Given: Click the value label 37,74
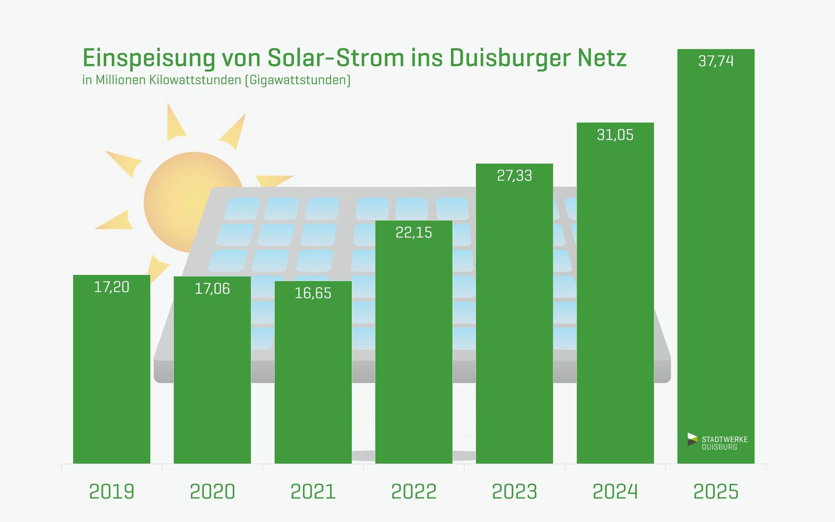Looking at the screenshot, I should pos(716,61).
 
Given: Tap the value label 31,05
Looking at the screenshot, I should pos(615,135).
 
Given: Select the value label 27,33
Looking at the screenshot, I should pos(514,176).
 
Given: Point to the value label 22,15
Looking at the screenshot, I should pos(414,233).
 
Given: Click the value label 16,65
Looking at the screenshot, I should pos(313,293).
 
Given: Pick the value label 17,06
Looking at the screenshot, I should pos(212,289).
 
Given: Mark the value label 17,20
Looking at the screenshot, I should pos(111,287).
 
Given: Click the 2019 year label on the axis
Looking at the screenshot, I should pos(111,491).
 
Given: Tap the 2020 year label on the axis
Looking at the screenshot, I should pos(212,491).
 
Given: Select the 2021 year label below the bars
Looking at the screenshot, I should pos(313,491).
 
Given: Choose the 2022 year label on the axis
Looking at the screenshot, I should pos(414,491).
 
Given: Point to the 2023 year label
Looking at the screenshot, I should pos(514,491).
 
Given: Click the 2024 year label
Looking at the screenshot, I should pos(615,491).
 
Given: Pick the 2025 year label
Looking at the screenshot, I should pos(716,491).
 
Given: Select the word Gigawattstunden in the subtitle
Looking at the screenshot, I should pos(298,80).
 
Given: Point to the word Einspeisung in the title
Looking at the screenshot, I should pos(149,58).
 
